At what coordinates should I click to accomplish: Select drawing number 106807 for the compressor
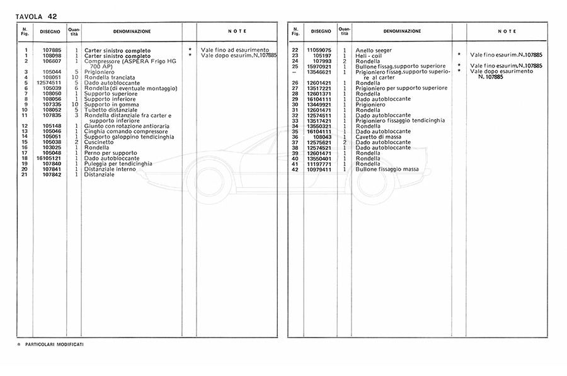click(51, 61)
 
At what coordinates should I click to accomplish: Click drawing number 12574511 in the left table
click(49, 83)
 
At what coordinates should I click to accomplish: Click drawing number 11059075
click(319, 50)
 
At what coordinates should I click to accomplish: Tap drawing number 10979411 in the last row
click(319, 169)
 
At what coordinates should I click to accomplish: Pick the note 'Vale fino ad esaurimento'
click(234, 50)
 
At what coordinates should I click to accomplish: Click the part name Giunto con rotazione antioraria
click(125, 126)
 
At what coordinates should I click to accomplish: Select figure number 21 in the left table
click(25, 174)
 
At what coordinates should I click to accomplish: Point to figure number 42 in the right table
click(294, 169)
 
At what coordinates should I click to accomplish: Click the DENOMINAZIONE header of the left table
click(132, 31)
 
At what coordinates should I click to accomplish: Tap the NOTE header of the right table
click(507, 31)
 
